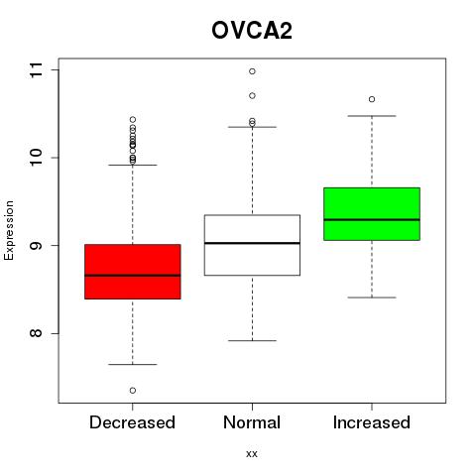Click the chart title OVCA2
tap(252, 31)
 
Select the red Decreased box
tap(133, 272)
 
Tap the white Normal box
tap(252, 245)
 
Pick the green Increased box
tap(372, 214)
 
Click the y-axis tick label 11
tap(37, 70)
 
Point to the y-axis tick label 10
tap(37, 158)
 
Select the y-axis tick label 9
tap(37, 246)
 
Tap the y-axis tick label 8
tap(37, 333)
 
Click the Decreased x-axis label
tap(132, 422)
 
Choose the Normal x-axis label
tap(252, 422)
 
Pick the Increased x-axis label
tap(372, 422)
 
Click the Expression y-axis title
tap(9, 230)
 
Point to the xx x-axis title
tap(252, 453)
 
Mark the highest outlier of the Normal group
tap(252, 71)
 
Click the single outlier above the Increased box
tap(372, 99)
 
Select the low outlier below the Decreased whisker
tap(133, 391)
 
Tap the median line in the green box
tap(372, 219)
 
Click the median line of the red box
tap(133, 275)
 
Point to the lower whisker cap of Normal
tap(252, 340)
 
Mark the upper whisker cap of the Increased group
tap(372, 116)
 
